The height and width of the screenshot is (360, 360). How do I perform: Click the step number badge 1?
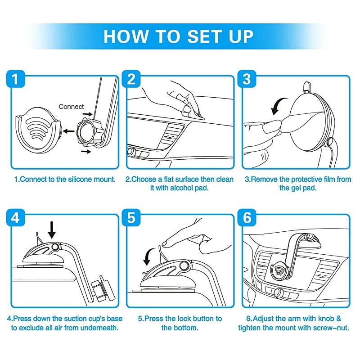tap(15, 79)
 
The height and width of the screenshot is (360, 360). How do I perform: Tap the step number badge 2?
tap(131, 79)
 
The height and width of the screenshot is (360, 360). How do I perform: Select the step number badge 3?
tap(247, 79)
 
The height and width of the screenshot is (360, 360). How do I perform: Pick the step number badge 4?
tap(15, 218)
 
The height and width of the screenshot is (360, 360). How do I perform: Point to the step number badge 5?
tap(131, 218)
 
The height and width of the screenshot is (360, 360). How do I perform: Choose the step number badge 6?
tap(247, 218)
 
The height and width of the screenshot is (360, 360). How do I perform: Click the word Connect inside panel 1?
tap(71, 107)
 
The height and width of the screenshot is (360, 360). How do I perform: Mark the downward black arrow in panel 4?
tap(52, 230)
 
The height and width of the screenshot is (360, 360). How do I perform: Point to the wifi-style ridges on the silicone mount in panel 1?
tap(38, 129)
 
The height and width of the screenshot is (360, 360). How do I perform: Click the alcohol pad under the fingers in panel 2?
tap(193, 115)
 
